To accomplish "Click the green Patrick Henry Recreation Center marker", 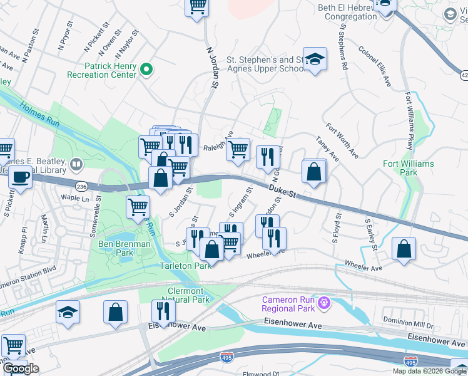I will [x=147, y=70].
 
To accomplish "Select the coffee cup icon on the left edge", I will [x=20, y=177].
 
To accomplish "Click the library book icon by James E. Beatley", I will [x=76, y=164].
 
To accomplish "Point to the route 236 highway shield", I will [x=81, y=186].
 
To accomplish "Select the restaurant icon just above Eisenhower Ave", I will [x=163, y=311].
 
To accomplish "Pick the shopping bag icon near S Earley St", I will [x=404, y=248].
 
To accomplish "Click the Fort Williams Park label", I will [x=408, y=168].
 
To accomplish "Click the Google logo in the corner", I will [x=21, y=368].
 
